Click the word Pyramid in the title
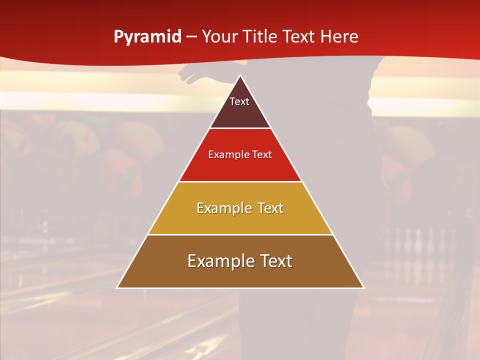click(147, 37)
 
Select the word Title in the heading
click(260, 36)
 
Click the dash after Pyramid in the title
click(191, 37)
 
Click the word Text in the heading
click(300, 36)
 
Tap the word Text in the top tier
click(239, 101)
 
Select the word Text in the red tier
click(262, 154)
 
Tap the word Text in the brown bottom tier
click(274, 261)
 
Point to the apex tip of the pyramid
click(240, 76)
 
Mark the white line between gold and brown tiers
click(240, 234)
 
